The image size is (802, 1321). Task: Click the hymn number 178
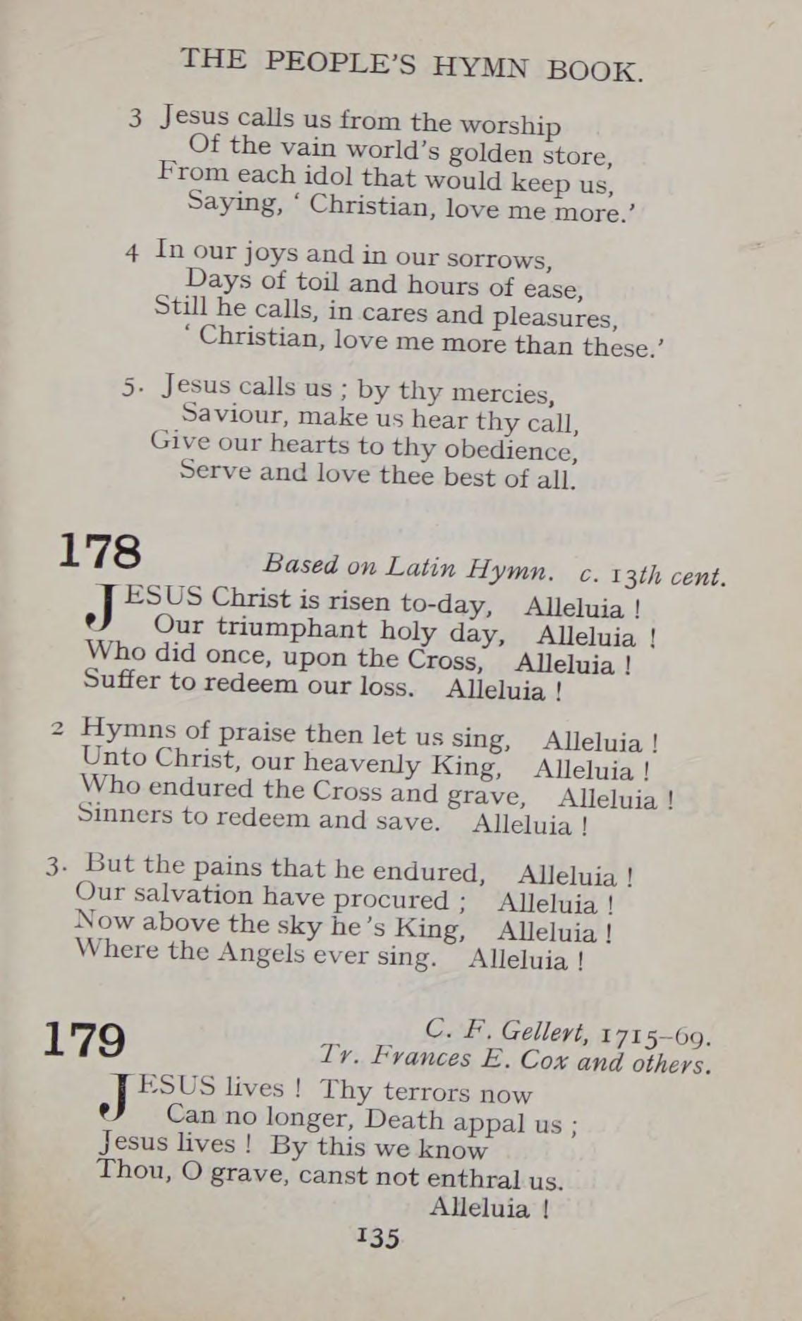(x=99, y=552)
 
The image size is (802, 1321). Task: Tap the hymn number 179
(x=85, y=1039)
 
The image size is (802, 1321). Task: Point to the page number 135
(x=379, y=1238)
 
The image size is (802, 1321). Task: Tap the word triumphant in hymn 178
(x=291, y=628)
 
